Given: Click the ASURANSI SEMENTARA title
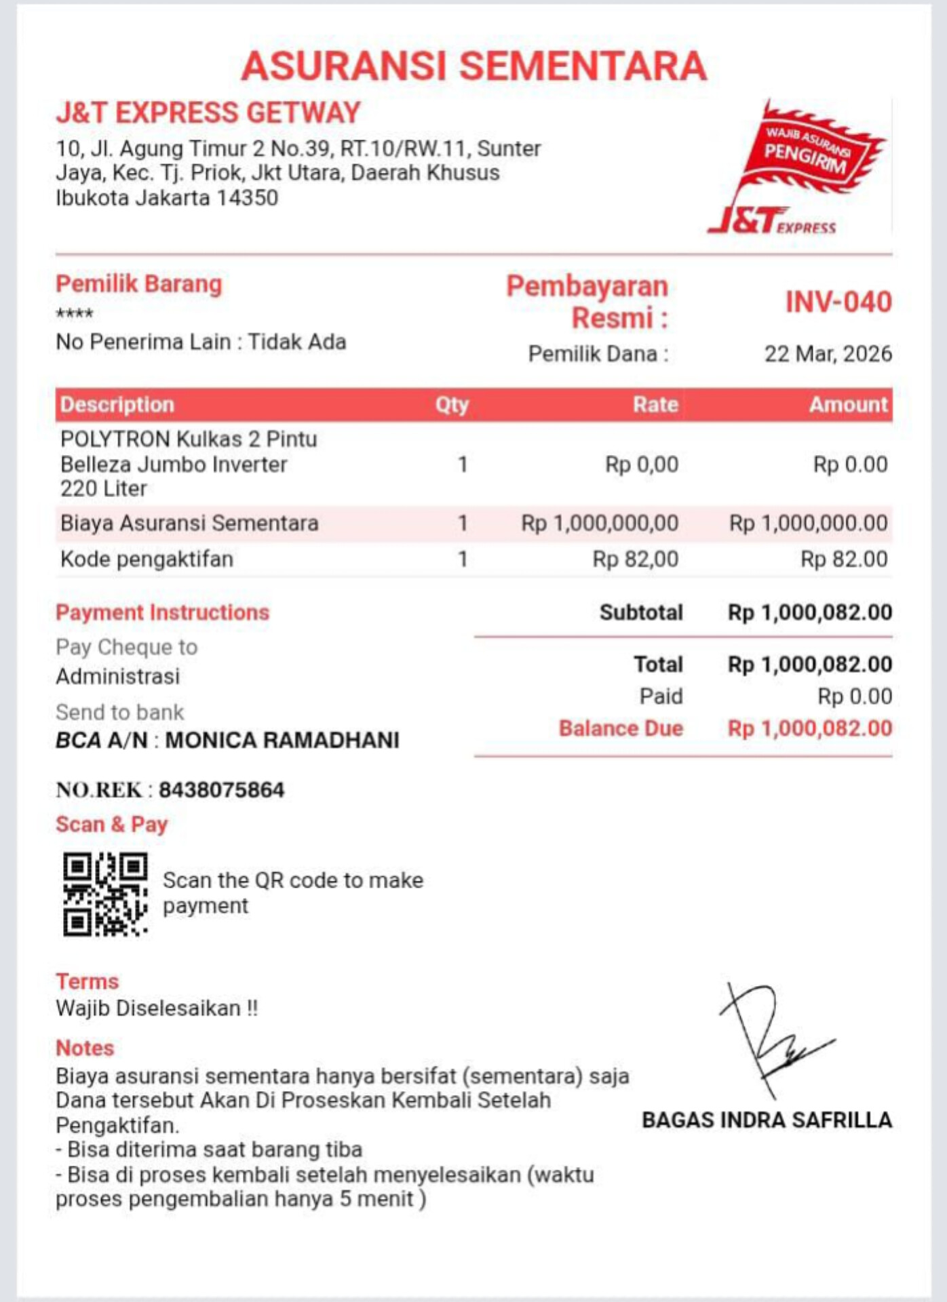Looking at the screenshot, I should tap(473, 66).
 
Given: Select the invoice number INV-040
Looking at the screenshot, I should tap(838, 302).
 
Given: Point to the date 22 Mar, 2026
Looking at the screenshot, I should tap(828, 354).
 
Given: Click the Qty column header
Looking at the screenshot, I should tap(452, 405).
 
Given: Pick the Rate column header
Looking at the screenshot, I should tap(655, 405).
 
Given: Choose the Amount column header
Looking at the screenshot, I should tap(848, 405).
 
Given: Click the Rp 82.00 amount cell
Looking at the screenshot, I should tap(844, 559).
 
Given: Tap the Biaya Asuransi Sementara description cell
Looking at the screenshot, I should tap(189, 524).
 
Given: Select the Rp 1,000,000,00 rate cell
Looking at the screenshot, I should tap(600, 524).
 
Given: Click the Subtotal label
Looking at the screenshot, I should tap(641, 612).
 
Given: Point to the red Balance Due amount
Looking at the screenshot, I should tap(810, 729).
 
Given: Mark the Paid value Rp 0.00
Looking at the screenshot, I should tap(855, 696).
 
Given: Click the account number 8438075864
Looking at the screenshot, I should tap(222, 790).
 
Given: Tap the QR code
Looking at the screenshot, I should tap(105, 894).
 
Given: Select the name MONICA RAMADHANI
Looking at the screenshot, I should tap(282, 741).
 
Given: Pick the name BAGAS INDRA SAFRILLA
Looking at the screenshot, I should tap(767, 1120).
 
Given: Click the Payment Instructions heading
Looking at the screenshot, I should tap(163, 612).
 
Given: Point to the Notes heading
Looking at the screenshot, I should tap(85, 1048).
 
